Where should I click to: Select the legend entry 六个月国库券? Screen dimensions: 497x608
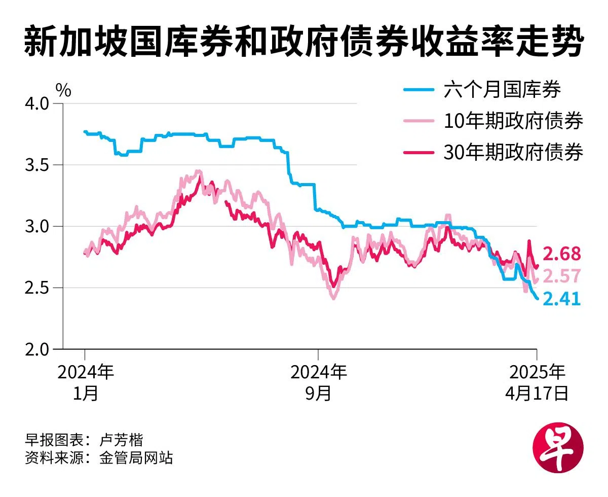(502, 90)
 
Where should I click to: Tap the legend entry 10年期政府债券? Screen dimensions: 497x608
(513, 121)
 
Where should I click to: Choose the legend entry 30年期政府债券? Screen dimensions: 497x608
(513, 152)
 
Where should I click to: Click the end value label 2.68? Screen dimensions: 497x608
(561, 254)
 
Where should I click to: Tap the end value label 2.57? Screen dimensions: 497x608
(561, 276)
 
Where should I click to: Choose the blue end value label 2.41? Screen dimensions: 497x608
(561, 299)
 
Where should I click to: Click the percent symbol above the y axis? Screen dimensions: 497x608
(63, 90)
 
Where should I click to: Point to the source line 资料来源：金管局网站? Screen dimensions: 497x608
(99, 457)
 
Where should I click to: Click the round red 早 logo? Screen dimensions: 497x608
(558, 447)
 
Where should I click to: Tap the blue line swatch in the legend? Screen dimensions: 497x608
(419, 90)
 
